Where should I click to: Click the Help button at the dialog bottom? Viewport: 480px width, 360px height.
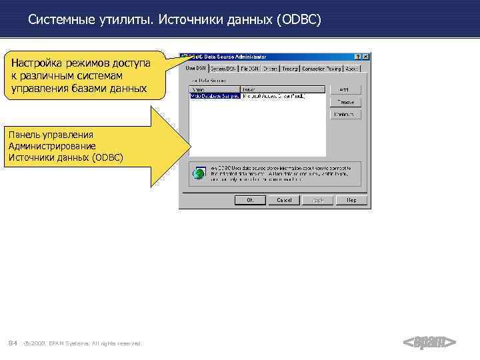click(351, 199)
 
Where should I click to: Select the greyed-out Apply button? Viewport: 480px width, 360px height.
click(318, 199)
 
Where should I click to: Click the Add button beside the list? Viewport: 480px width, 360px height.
click(345, 89)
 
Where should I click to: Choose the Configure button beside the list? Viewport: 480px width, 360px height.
click(345, 115)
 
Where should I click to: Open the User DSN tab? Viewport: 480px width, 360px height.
click(195, 68)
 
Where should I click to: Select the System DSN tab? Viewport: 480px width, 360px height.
click(223, 68)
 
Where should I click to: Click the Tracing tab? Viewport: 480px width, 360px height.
click(290, 68)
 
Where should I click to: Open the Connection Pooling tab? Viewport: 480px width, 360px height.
click(321, 68)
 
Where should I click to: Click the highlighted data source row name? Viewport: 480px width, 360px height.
click(215, 96)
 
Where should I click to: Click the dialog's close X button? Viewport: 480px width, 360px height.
click(366, 57)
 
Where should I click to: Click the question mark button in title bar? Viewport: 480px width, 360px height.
click(357, 57)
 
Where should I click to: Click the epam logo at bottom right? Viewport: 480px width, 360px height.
click(430, 343)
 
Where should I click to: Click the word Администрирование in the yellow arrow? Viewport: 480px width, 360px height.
click(52, 146)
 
